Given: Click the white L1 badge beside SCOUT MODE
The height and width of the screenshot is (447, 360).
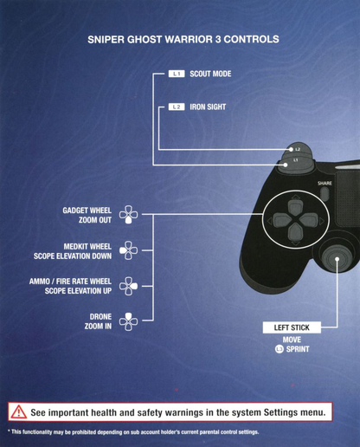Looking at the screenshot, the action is (x=177, y=74).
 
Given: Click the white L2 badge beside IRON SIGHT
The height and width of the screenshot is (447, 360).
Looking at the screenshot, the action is (x=177, y=107).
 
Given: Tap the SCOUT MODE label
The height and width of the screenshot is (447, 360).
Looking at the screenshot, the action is (x=210, y=74).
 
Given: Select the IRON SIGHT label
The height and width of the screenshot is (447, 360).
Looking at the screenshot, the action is (x=208, y=107).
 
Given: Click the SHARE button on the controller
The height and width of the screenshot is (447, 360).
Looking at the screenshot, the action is (x=325, y=194).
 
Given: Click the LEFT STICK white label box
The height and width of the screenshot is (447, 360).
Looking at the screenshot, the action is (x=292, y=327).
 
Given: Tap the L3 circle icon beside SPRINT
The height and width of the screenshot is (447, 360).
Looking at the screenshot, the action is (x=279, y=349).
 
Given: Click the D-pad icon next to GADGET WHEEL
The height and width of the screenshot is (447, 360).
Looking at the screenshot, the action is (x=129, y=215).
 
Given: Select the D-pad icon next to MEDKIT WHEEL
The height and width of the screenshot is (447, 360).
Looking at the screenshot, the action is (x=129, y=250).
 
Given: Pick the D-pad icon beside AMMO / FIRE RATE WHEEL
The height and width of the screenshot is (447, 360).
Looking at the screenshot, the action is (x=129, y=286).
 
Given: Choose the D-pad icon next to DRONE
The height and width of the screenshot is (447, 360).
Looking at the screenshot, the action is (x=129, y=321).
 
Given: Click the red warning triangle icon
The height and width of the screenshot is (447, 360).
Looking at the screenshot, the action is (x=19, y=411).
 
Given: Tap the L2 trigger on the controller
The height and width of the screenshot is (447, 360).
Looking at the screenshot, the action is (x=296, y=149).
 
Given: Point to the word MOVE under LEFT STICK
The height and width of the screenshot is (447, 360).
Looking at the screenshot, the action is (x=292, y=340).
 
